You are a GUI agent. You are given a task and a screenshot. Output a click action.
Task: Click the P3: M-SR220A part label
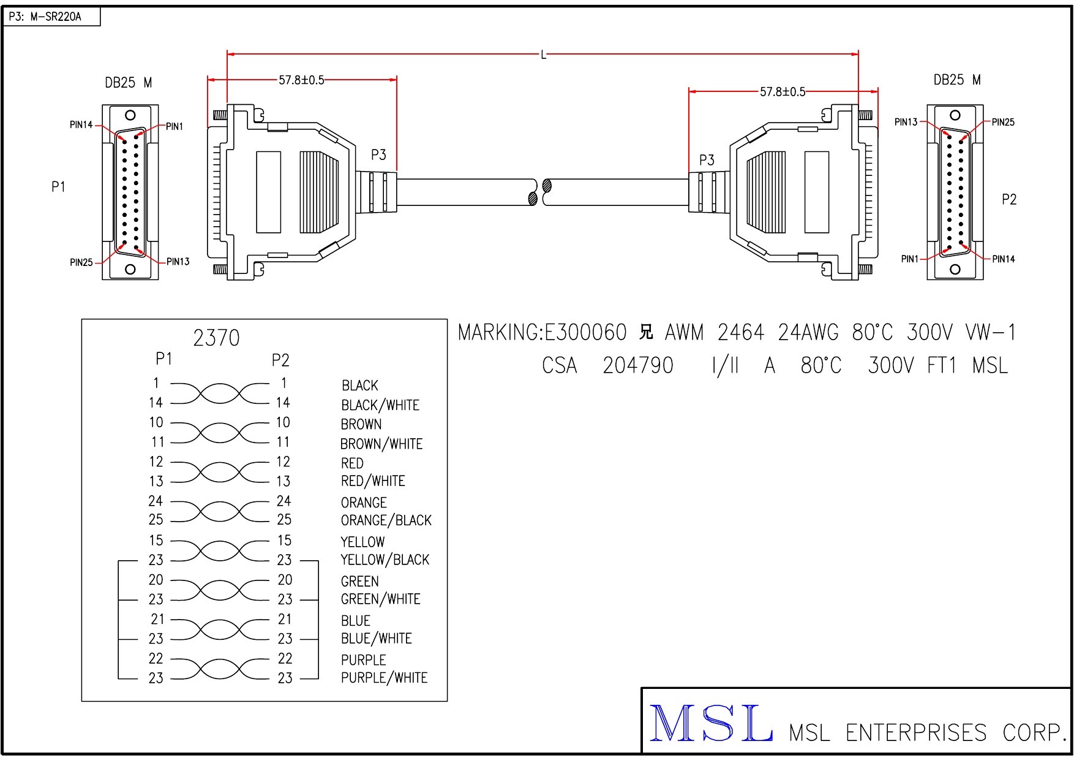click(x=45, y=17)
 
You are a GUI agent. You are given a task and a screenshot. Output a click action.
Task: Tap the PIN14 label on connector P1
click(x=81, y=125)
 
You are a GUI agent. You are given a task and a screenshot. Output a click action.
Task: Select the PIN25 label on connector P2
click(x=1003, y=123)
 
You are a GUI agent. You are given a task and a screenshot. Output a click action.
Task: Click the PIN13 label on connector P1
click(x=178, y=262)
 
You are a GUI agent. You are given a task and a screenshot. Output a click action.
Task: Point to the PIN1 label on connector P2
click(x=910, y=259)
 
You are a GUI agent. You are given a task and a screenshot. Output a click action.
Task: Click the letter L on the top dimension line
click(x=543, y=55)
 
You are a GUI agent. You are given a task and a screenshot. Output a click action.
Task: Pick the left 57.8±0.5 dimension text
click(x=301, y=80)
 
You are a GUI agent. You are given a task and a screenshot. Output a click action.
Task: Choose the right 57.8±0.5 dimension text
click(x=783, y=92)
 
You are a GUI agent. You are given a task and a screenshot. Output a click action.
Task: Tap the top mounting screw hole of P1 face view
click(x=130, y=115)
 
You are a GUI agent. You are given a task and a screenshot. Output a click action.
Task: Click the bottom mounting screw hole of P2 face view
click(x=955, y=269)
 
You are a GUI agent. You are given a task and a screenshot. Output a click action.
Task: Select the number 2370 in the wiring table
click(x=216, y=338)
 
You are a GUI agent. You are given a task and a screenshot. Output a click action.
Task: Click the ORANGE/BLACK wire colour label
click(x=386, y=520)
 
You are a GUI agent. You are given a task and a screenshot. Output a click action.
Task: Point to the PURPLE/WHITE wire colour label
click(x=384, y=678)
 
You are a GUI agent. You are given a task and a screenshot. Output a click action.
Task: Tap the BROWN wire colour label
click(x=361, y=424)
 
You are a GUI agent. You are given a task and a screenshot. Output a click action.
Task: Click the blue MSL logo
click(x=710, y=724)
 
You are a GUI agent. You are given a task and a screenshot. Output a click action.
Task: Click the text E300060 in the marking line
click(x=585, y=333)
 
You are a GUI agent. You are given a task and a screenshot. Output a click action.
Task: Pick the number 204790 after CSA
click(x=637, y=366)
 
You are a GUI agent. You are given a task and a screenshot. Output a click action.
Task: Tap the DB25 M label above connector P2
click(x=956, y=80)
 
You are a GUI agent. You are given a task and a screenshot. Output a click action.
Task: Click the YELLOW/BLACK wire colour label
click(x=385, y=560)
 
